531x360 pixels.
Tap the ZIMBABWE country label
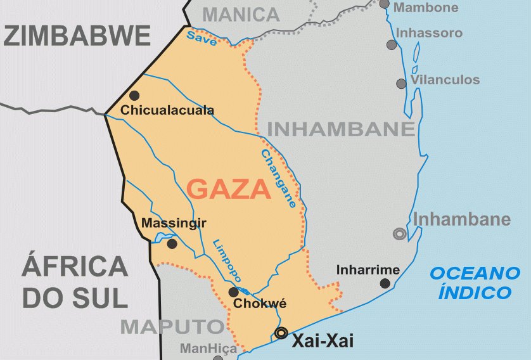pos(77,36)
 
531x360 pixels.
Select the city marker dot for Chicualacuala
pos(134,96)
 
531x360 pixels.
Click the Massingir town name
pos(174,223)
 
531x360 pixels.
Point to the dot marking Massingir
pos(172,243)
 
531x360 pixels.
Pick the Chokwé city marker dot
pos(233,292)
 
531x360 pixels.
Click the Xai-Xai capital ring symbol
pos(281,333)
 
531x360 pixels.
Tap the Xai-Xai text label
pos(322,340)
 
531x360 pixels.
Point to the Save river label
pos(202,39)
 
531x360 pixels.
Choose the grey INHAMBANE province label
pos(340,129)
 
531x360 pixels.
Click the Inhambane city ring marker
pos(399,234)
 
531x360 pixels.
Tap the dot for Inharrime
pos(385,283)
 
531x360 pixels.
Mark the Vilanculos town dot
pos(401,84)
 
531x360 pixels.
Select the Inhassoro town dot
pos(392,45)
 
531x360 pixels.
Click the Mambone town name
pos(426,8)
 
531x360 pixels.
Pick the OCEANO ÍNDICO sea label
pos(475,283)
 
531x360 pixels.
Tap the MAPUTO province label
pos(172,327)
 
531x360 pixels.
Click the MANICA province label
pos(241,14)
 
